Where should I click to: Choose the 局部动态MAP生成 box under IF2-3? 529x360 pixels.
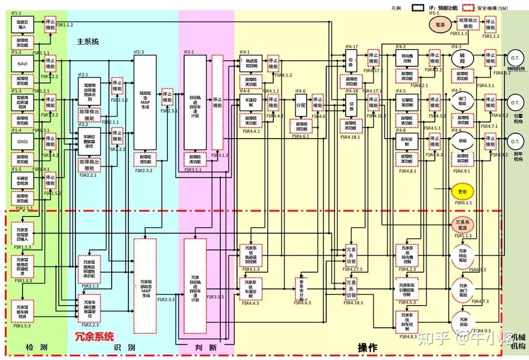pos(145,102)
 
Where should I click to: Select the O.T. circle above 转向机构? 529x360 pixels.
pos(515,58)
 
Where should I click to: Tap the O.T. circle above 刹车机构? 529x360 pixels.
pos(515,142)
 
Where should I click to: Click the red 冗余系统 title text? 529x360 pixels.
pos(94,336)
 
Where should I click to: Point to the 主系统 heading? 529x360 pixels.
pos(88,42)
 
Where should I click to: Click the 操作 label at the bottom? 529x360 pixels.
pos(367,348)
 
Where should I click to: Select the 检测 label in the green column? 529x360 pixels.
pos(37,348)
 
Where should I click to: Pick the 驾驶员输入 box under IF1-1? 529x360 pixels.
pos(23,24)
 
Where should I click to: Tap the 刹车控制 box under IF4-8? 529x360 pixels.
pos(407,142)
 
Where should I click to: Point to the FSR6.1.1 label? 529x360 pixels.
pos(461,202)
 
